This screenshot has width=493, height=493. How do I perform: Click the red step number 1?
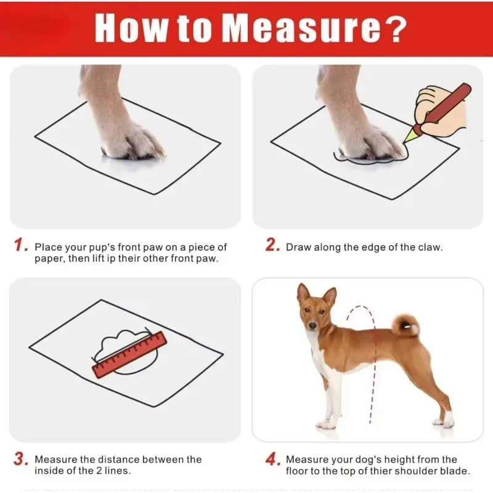pyautogui.click(x=21, y=245)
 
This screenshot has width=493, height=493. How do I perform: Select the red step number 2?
pyautogui.click(x=273, y=245)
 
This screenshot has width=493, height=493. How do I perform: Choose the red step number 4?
pyautogui.click(x=273, y=458)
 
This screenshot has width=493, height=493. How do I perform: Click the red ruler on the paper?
pyautogui.click(x=130, y=354)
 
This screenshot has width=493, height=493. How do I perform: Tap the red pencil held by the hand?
pyautogui.click(x=439, y=111)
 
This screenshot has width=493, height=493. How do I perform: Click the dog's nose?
pyautogui.click(x=312, y=326)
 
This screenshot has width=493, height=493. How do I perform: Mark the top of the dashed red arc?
pyautogui.click(x=359, y=306)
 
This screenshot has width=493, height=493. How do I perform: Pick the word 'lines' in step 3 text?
pyautogui.click(x=115, y=471)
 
